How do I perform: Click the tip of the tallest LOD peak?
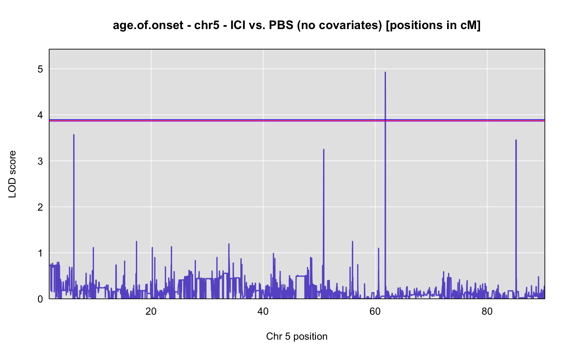[385, 72]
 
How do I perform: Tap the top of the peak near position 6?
[74, 135]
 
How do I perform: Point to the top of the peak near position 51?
[324, 149]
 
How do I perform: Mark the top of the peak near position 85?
[516, 140]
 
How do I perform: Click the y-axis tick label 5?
[40, 69]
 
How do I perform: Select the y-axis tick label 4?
[40, 115]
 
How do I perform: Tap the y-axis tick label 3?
[40, 161]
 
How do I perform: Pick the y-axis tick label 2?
[40, 207]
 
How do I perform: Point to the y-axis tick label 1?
[40, 253]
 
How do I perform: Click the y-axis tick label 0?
[40, 299]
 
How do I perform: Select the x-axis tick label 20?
[151, 312]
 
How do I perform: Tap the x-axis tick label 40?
[263, 312]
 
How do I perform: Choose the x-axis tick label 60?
[375, 312]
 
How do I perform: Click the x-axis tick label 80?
[487, 312]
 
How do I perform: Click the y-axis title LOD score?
[12, 174]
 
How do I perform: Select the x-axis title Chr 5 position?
[297, 336]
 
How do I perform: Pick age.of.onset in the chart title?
[148, 25]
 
